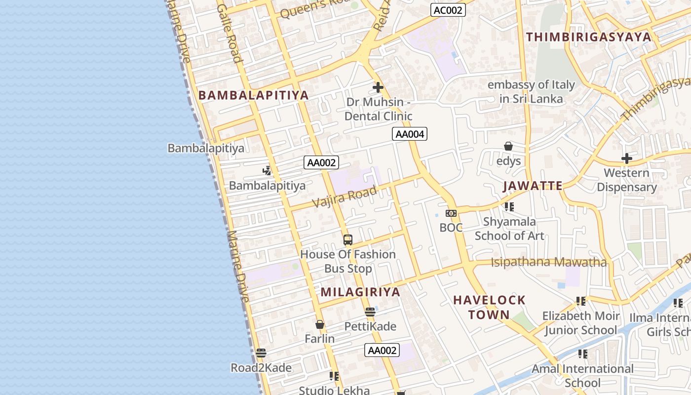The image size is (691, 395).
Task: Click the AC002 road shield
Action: click(448, 10)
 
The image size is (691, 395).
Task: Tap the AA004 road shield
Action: click(409, 134)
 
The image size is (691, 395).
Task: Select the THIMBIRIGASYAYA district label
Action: click(588, 37)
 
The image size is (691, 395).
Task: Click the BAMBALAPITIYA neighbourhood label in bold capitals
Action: click(253, 95)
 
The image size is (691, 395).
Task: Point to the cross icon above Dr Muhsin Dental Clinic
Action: click(378, 87)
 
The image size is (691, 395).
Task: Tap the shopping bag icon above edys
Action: click(508, 146)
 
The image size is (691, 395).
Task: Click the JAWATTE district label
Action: click(533, 186)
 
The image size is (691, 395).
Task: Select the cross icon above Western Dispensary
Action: click(626, 158)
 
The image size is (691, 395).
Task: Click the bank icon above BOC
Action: click(451, 213)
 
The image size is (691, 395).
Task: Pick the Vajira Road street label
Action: click(345, 197)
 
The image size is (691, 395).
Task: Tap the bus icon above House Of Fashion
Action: click(348, 240)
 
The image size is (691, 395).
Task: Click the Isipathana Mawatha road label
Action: click(548, 262)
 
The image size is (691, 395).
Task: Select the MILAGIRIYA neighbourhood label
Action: click(360, 292)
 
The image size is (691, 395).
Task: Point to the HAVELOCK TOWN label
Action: click(489, 307)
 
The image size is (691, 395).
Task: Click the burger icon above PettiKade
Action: click(370, 312)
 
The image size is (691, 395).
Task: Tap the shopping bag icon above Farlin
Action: click(319, 324)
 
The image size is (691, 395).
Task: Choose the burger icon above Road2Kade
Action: click(261, 353)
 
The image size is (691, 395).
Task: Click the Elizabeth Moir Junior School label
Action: click(580, 323)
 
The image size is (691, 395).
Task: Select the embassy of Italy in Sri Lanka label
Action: click(531, 92)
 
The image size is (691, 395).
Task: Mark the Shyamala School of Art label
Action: click(509, 229)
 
